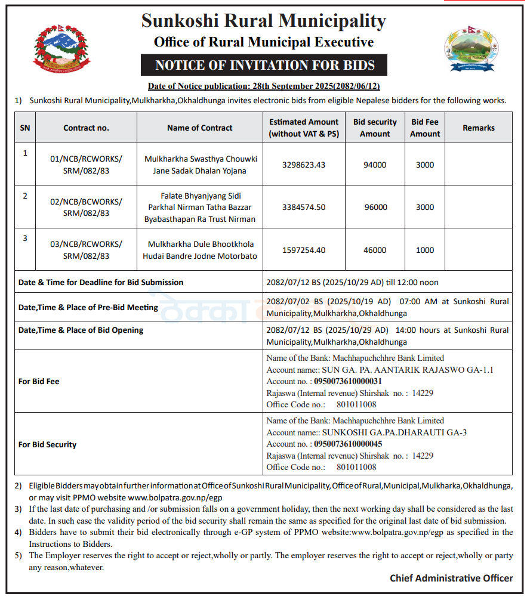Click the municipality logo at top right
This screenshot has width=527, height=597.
click(469, 49)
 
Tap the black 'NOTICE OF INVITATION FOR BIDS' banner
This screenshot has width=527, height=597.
click(264, 65)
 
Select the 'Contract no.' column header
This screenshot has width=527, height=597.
click(86, 128)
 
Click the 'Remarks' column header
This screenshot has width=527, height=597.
click(478, 128)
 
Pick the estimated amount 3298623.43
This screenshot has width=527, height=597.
click(304, 165)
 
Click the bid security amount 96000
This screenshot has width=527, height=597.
click(375, 207)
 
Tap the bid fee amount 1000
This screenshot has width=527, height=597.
click(425, 250)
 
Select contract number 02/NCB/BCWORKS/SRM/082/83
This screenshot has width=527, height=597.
click(86, 207)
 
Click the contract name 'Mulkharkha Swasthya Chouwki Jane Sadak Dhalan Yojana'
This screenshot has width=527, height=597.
click(200, 165)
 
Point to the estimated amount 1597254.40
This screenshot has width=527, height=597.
click(304, 250)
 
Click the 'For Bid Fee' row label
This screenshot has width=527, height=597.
click(39, 381)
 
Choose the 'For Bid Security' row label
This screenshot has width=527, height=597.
click(47, 444)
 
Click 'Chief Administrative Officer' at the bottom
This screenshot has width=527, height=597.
click(451, 578)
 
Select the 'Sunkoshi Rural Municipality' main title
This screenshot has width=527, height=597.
click(264, 21)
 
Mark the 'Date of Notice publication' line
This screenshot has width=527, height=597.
click(264, 86)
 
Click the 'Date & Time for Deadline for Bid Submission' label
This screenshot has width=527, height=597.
click(101, 282)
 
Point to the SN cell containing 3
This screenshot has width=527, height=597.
click(25, 239)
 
